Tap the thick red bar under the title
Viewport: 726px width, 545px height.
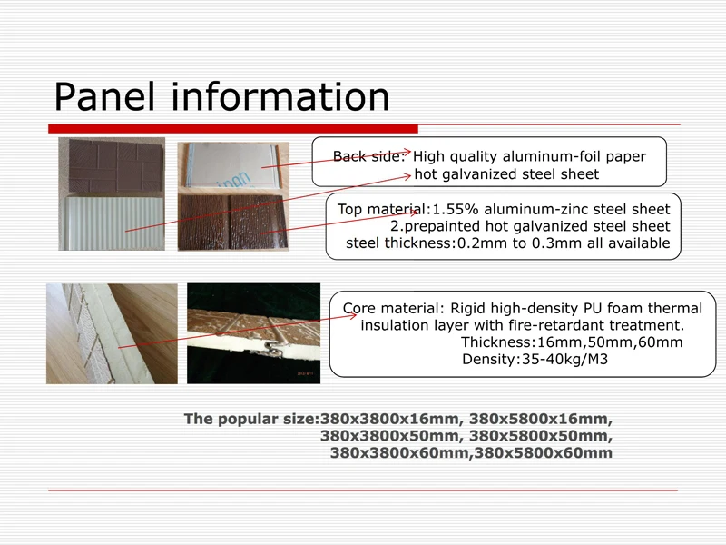pyautogui.click(x=232, y=129)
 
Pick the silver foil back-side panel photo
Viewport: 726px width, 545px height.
pyautogui.click(x=233, y=166)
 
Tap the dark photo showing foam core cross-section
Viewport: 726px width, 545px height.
pyautogui.click(x=253, y=332)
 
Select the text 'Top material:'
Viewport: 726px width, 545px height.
pyautogui.click(x=381, y=210)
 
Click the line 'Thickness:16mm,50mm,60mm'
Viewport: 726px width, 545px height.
pyautogui.click(x=572, y=342)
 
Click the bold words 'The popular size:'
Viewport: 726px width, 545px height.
pyautogui.click(x=250, y=419)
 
